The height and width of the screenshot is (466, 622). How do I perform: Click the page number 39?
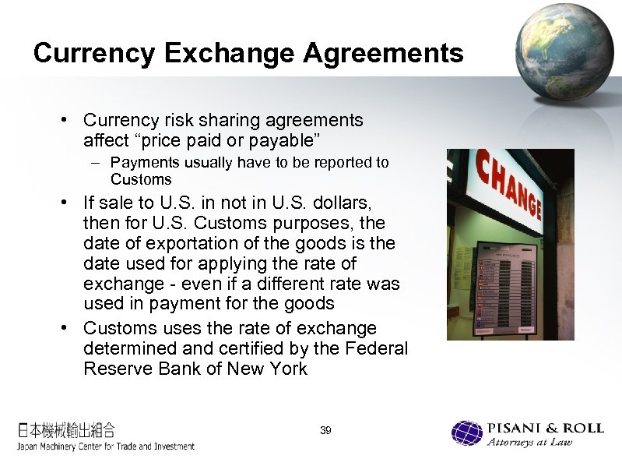(325, 430)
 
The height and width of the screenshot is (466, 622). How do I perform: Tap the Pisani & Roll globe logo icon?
(467, 433)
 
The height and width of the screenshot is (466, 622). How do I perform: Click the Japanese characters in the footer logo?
(67, 429)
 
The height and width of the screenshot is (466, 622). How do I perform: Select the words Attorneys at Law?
(529, 443)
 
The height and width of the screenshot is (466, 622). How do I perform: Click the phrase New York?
(268, 368)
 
